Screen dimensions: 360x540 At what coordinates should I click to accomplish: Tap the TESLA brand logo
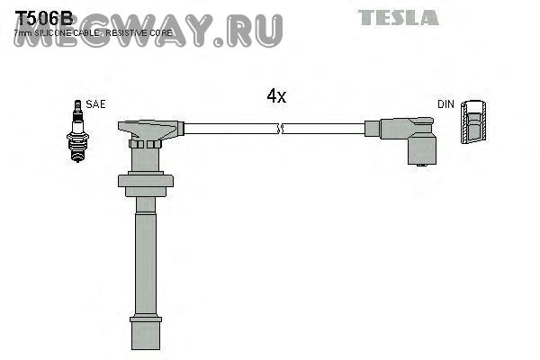[x=398, y=17]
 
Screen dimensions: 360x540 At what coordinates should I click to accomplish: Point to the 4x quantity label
[x=276, y=96]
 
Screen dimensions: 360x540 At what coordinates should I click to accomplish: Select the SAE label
[x=96, y=104]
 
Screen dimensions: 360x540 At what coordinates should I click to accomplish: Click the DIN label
[x=445, y=104]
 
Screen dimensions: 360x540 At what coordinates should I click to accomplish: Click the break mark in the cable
[x=282, y=130]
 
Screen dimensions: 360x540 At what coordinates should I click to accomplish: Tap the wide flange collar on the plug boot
[x=146, y=182]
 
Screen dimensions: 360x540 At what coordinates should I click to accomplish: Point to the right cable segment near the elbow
[x=333, y=130]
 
